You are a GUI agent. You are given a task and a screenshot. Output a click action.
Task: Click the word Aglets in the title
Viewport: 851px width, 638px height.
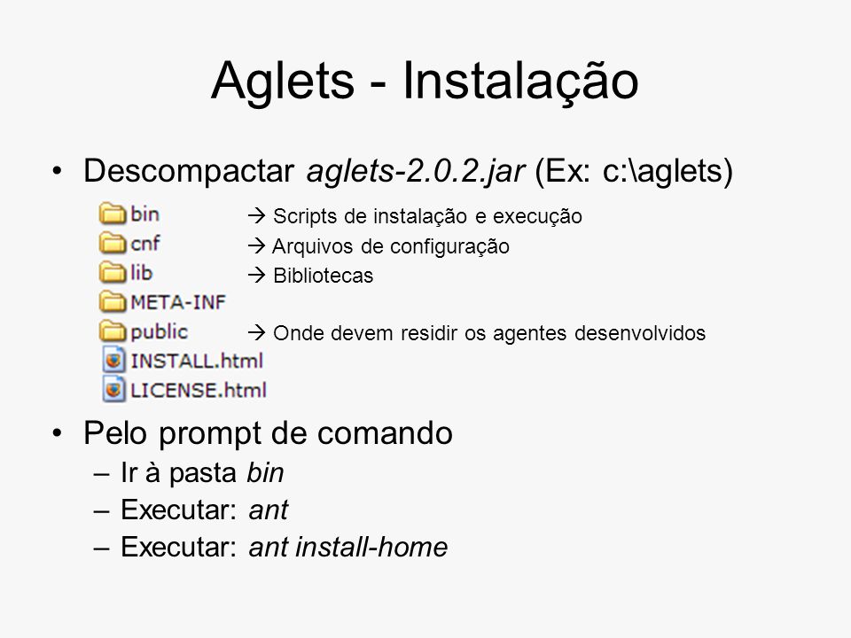click(283, 82)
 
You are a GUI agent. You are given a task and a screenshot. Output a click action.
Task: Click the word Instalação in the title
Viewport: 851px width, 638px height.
click(520, 82)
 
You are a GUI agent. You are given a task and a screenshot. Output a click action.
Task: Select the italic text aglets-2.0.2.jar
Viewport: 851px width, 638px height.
click(415, 172)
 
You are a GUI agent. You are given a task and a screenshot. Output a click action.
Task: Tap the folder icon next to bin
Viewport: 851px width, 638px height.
click(113, 214)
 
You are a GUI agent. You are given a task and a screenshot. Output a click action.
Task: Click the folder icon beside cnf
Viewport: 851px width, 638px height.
click(113, 243)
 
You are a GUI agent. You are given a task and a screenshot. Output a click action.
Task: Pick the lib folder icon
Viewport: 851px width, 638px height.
click(113, 272)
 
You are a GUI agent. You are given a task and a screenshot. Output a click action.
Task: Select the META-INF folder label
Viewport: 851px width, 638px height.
click(178, 302)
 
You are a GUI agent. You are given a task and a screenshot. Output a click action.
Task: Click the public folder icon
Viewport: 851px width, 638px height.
click(113, 331)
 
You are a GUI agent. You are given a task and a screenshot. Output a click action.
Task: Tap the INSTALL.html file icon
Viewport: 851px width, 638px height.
click(113, 361)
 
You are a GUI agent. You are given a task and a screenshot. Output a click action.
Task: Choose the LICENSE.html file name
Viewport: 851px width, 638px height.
click(199, 390)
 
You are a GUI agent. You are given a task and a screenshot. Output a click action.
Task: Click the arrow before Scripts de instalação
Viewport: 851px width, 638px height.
click(256, 216)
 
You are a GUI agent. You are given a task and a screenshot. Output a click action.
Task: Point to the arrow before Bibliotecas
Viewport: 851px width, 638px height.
click(256, 275)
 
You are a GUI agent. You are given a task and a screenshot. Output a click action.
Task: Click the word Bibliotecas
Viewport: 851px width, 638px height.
click(323, 276)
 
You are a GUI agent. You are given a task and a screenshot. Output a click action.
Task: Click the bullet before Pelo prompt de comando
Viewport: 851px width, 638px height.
click(57, 433)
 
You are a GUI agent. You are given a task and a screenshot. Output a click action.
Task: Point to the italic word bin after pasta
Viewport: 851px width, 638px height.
click(265, 472)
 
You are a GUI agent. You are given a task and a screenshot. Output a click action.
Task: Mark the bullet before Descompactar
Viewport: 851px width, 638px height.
click(57, 171)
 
